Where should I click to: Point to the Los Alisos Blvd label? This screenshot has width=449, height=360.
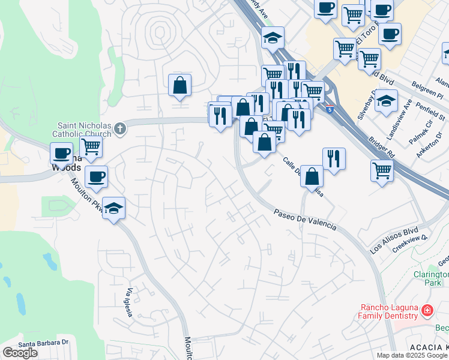(393, 239)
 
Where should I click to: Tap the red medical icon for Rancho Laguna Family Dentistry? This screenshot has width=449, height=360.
(427, 311)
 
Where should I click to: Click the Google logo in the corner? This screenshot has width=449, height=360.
(20, 353)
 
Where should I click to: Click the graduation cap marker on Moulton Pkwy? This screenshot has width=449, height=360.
(113, 208)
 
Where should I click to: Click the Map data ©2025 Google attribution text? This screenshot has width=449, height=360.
(411, 355)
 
